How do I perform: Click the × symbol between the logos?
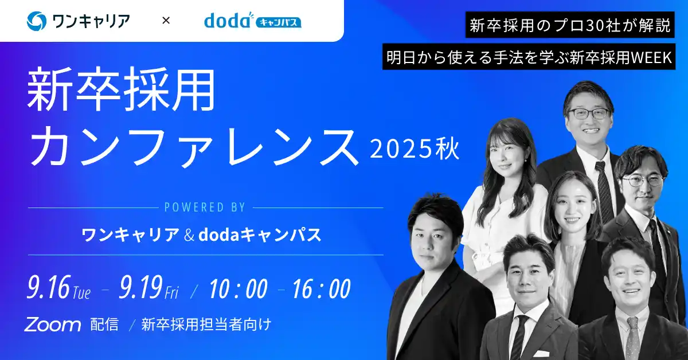click(166, 21)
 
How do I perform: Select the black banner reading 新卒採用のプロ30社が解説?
click(570, 25)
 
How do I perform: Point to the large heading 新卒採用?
click(122, 91)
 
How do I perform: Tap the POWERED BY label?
click(205, 207)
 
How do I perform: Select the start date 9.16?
click(48, 288)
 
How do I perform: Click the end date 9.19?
click(140, 288)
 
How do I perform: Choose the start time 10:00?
click(238, 289)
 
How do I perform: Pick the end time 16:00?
click(321, 289)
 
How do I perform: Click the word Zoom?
click(52, 325)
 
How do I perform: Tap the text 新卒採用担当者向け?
click(206, 325)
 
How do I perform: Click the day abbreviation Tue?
click(81, 293)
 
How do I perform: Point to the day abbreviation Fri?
click(171, 293)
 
